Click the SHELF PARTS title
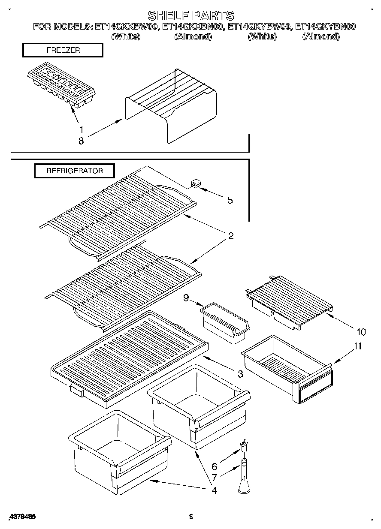point(191,15)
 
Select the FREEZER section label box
point(63,50)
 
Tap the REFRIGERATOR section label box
point(75,171)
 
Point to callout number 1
point(81,129)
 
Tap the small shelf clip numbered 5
point(196,184)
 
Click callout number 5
point(230,200)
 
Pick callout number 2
point(230,236)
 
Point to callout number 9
point(186,298)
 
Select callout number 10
point(361,331)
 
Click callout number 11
point(357,346)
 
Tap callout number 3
point(240,374)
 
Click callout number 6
point(214,467)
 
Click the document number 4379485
point(22,517)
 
